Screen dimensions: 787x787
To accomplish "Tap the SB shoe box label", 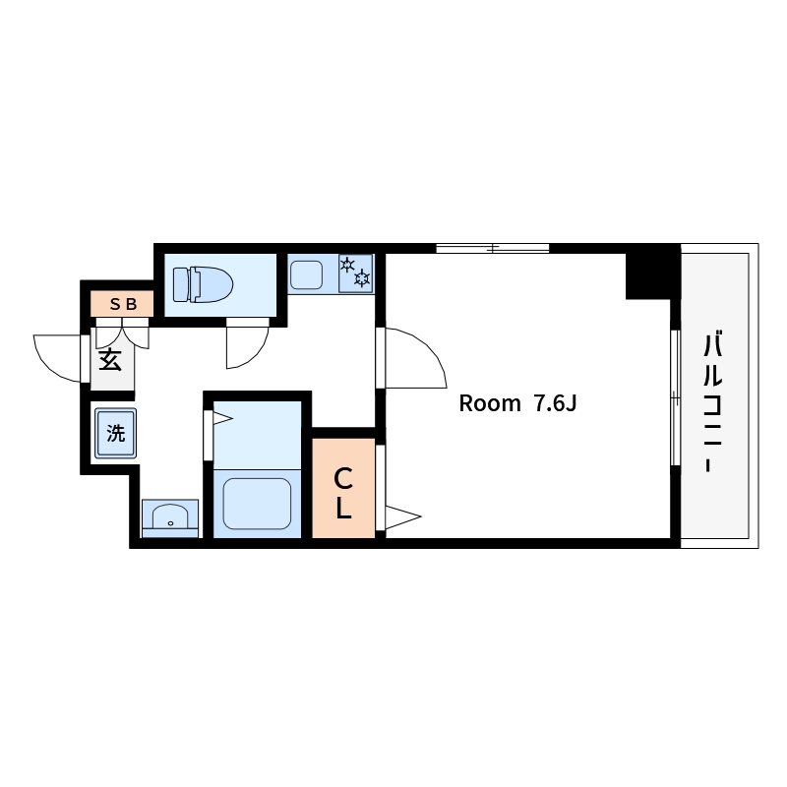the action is [123, 304].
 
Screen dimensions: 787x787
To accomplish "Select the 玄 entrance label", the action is [110, 360].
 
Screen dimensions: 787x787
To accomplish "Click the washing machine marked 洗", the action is [116, 434].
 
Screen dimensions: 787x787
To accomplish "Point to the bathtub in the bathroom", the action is [257, 504].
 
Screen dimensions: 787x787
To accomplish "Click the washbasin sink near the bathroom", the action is [170, 518].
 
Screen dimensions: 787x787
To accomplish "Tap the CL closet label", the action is [343, 493].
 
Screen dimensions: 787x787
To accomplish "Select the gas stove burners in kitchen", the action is [356, 273].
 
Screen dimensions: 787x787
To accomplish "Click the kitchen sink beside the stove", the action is [306, 275].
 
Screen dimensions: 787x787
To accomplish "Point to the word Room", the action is [490, 403].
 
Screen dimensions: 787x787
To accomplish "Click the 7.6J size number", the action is [555, 403].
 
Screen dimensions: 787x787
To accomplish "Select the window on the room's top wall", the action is [493, 248].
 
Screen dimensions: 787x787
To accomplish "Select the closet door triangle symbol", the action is [402, 516].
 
